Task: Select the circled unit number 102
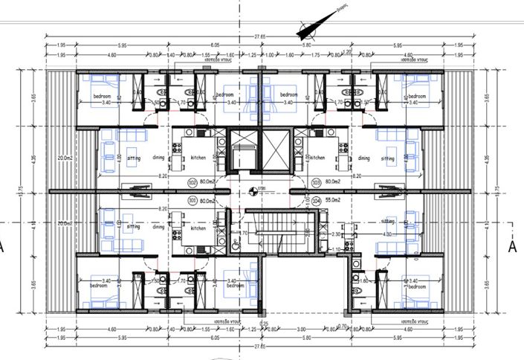click(193, 181)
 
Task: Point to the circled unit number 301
click(193, 200)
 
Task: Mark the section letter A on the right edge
click(512, 248)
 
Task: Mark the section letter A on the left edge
click(3, 248)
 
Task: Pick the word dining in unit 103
click(363, 158)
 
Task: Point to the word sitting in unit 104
click(388, 222)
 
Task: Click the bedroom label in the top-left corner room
click(101, 97)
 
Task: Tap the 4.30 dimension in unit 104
click(386, 235)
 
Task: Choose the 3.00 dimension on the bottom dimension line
click(301, 328)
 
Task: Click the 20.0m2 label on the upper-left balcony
click(65, 158)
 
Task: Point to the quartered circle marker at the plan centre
click(253, 191)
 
